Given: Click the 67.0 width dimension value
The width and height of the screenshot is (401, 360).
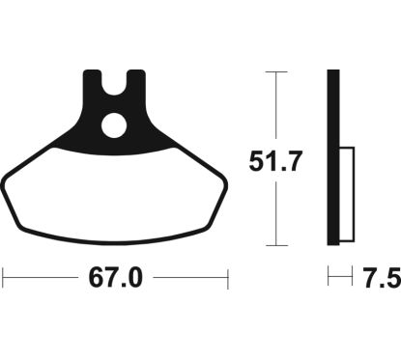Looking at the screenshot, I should point(116,279).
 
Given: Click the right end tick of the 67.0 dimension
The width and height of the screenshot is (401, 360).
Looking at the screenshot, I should point(228,279).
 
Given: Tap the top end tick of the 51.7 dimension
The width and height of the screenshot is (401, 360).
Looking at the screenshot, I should point(277,70).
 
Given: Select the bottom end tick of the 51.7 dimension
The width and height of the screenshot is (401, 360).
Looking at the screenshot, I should point(277,245).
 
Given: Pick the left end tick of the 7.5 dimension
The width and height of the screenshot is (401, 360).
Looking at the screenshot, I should point(329,279).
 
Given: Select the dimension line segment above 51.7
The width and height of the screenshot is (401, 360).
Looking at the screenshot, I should point(277,106).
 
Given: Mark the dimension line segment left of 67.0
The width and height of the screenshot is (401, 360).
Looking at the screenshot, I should point(43,279).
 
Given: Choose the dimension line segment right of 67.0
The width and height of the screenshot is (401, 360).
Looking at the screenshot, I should point(188,279).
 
